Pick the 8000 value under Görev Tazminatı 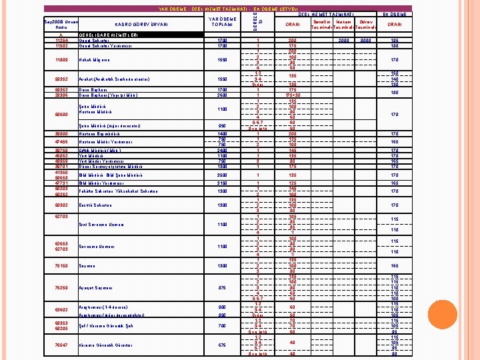366,41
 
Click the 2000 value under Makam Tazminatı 344,41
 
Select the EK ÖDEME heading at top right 395,14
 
